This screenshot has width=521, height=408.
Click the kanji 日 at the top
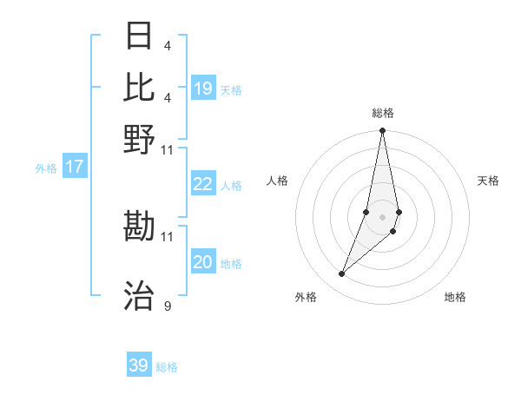click(x=140, y=36)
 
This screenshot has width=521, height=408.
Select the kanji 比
click(x=140, y=87)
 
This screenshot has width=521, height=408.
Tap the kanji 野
click(x=140, y=138)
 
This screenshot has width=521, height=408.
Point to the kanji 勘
click(x=140, y=227)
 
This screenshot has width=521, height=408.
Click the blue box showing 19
click(x=203, y=89)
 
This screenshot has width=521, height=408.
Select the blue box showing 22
click(x=203, y=184)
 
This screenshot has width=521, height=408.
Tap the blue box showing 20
click(x=203, y=262)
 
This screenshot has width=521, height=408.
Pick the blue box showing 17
click(x=75, y=167)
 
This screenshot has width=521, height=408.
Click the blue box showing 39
click(x=139, y=365)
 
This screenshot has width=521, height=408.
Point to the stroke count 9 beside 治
click(x=167, y=306)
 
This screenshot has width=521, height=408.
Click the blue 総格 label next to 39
click(x=167, y=367)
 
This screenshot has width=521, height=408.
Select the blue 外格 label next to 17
click(x=45, y=168)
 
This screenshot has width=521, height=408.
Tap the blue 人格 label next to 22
click(x=231, y=185)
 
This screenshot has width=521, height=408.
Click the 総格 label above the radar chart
click(x=382, y=113)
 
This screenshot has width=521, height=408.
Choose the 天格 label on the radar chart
click(x=489, y=181)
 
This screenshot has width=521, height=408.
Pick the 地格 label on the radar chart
click(x=455, y=297)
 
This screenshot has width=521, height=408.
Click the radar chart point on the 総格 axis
click(x=382, y=131)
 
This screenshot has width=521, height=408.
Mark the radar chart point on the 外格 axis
click(x=342, y=274)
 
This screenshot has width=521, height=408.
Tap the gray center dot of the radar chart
click(x=382, y=217)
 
